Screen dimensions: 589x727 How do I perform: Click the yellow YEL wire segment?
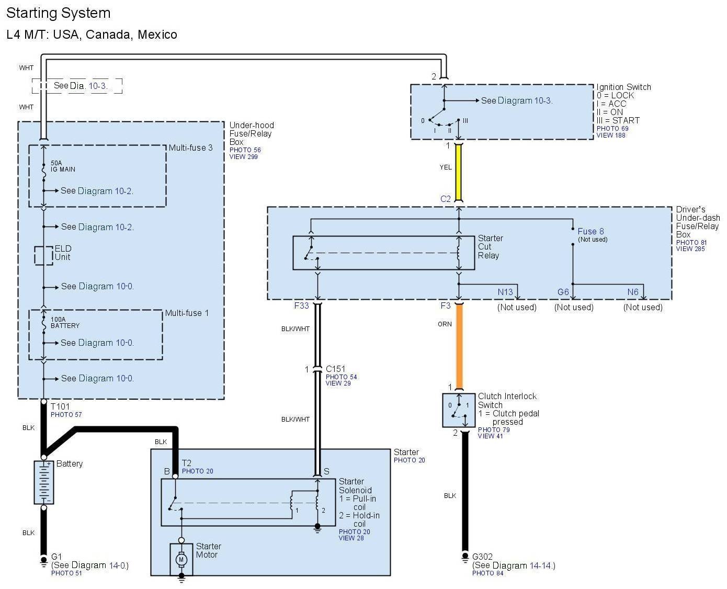pos(459,173)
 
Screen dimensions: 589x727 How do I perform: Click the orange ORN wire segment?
pos(459,345)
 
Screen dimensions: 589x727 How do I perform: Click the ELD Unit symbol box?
pos(44,256)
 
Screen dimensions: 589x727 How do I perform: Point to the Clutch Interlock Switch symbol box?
pos(459,410)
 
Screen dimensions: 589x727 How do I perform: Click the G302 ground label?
pos(482,557)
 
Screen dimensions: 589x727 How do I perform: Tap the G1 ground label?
pos(56,557)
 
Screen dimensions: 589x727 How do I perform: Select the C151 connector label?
pos(335,369)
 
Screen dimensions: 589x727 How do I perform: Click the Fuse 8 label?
pos(590,231)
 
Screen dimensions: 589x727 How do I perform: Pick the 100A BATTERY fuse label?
pos(65,322)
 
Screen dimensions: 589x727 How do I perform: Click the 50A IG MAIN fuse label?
pos(63,166)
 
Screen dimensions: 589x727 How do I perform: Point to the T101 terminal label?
pos(60,406)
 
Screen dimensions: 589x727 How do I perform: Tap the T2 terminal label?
pos(187,463)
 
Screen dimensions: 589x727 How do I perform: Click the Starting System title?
pos(59,13)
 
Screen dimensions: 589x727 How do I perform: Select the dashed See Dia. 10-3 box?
pos(77,86)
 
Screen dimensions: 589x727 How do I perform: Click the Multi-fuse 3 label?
pos(190,148)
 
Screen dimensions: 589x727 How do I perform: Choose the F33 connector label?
pos(301,305)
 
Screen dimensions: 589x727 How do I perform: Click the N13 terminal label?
pos(505,292)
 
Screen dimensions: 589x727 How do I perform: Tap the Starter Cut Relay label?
pos(490,247)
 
